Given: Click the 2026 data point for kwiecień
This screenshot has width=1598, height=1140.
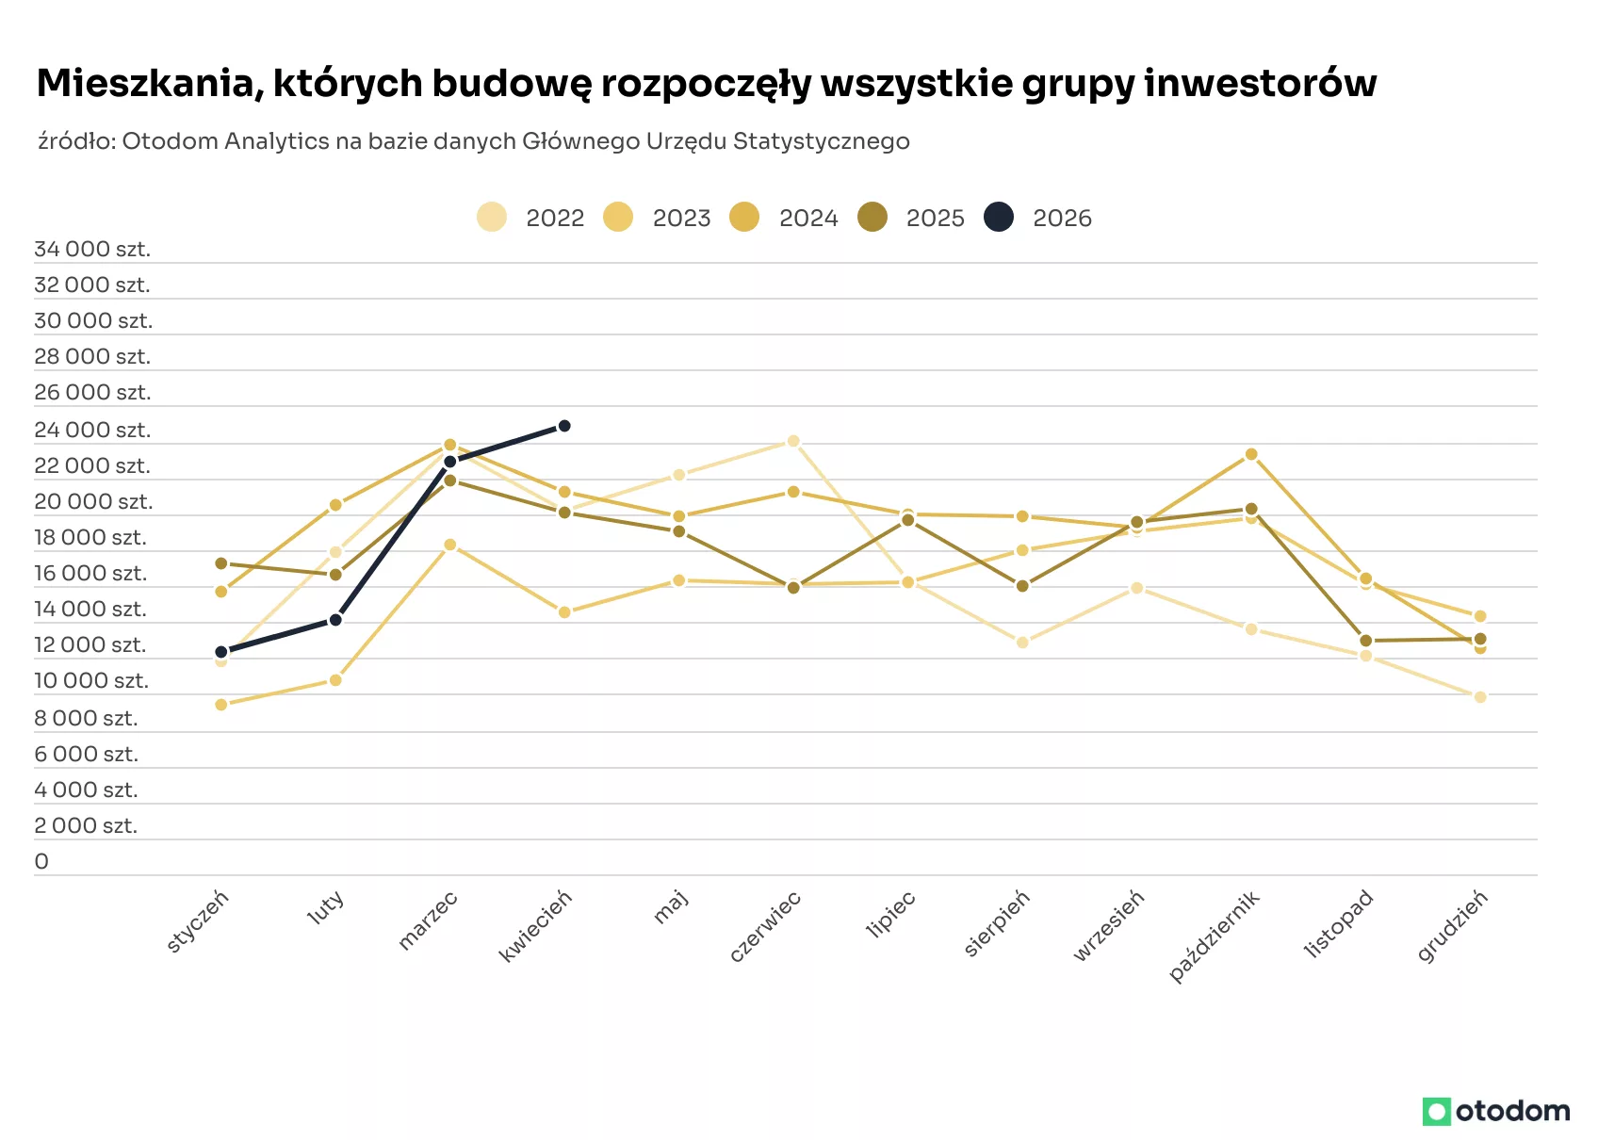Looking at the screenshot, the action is click(564, 426).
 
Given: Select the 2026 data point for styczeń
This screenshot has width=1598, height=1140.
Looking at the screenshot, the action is click(221, 652).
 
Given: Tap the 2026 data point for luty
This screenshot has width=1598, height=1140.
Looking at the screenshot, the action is click(335, 620).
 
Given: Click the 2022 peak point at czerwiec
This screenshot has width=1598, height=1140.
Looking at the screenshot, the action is click(793, 442).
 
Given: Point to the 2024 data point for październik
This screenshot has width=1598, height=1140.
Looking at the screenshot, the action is click(1251, 454).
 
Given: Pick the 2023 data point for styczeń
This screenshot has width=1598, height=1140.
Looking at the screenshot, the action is click(221, 705).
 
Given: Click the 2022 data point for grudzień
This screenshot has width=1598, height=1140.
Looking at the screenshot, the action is click(1480, 697).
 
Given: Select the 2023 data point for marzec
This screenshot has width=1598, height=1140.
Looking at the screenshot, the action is click(450, 545).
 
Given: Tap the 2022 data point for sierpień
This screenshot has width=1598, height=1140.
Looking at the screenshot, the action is click(1022, 642).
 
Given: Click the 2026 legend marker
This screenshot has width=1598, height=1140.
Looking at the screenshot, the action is click(999, 217).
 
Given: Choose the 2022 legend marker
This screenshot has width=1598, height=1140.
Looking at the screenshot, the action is click(492, 217).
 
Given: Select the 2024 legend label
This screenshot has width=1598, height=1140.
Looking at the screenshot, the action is click(808, 218).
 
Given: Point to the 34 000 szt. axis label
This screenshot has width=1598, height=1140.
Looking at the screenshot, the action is click(92, 249).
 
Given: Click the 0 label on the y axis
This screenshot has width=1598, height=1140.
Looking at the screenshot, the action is click(41, 861).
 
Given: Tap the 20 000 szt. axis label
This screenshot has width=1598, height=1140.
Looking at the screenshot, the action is click(93, 501).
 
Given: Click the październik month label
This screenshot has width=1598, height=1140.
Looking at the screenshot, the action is click(1215, 936).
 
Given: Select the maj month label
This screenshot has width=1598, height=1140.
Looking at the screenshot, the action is click(671, 906).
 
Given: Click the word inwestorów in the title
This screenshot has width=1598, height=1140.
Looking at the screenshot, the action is click(1261, 83).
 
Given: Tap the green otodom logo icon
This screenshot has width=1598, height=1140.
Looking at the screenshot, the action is click(1437, 1112).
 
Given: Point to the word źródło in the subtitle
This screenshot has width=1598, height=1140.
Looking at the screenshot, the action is click(77, 141).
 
